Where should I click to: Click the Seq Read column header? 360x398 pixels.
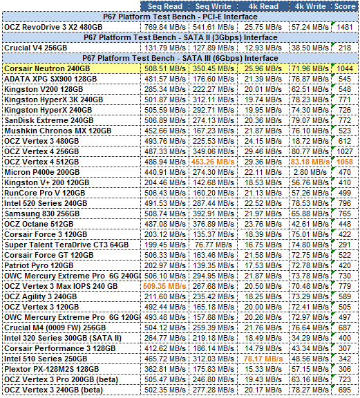[x=165, y=6]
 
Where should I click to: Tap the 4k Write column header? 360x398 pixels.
[x=310, y=6]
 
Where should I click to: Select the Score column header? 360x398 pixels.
[x=345, y=6]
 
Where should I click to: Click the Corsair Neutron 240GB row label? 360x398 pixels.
[x=47, y=68]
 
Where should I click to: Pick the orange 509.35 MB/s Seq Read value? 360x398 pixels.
[x=164, y=286]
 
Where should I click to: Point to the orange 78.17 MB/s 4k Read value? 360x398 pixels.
[x=263, y=359]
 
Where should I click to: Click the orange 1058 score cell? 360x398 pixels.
[x=345, y=162]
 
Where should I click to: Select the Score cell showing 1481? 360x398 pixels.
[x=345, y=27]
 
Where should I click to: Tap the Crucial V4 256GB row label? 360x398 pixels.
[x=36, y=48]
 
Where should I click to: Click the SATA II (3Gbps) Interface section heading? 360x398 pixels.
[x=180, y=37]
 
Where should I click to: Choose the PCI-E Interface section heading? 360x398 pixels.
[x=180, y=17]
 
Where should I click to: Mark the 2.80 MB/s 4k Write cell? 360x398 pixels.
[x=310, y=172]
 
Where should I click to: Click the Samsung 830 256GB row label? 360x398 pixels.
[x=42, y=214]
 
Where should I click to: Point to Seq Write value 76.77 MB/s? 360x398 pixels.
[x=214, y=245]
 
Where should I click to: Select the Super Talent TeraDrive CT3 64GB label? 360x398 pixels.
[x=66, y=245]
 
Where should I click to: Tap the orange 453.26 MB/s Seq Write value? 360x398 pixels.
[x=213, y=162]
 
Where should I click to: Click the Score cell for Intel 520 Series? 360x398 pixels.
[x=345, y=203]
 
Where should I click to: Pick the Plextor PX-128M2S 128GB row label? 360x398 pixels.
[x=52, y=369]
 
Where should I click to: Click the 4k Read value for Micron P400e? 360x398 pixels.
[x=263, y=172]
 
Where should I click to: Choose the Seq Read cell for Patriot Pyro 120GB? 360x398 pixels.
[x=165, y=265]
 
